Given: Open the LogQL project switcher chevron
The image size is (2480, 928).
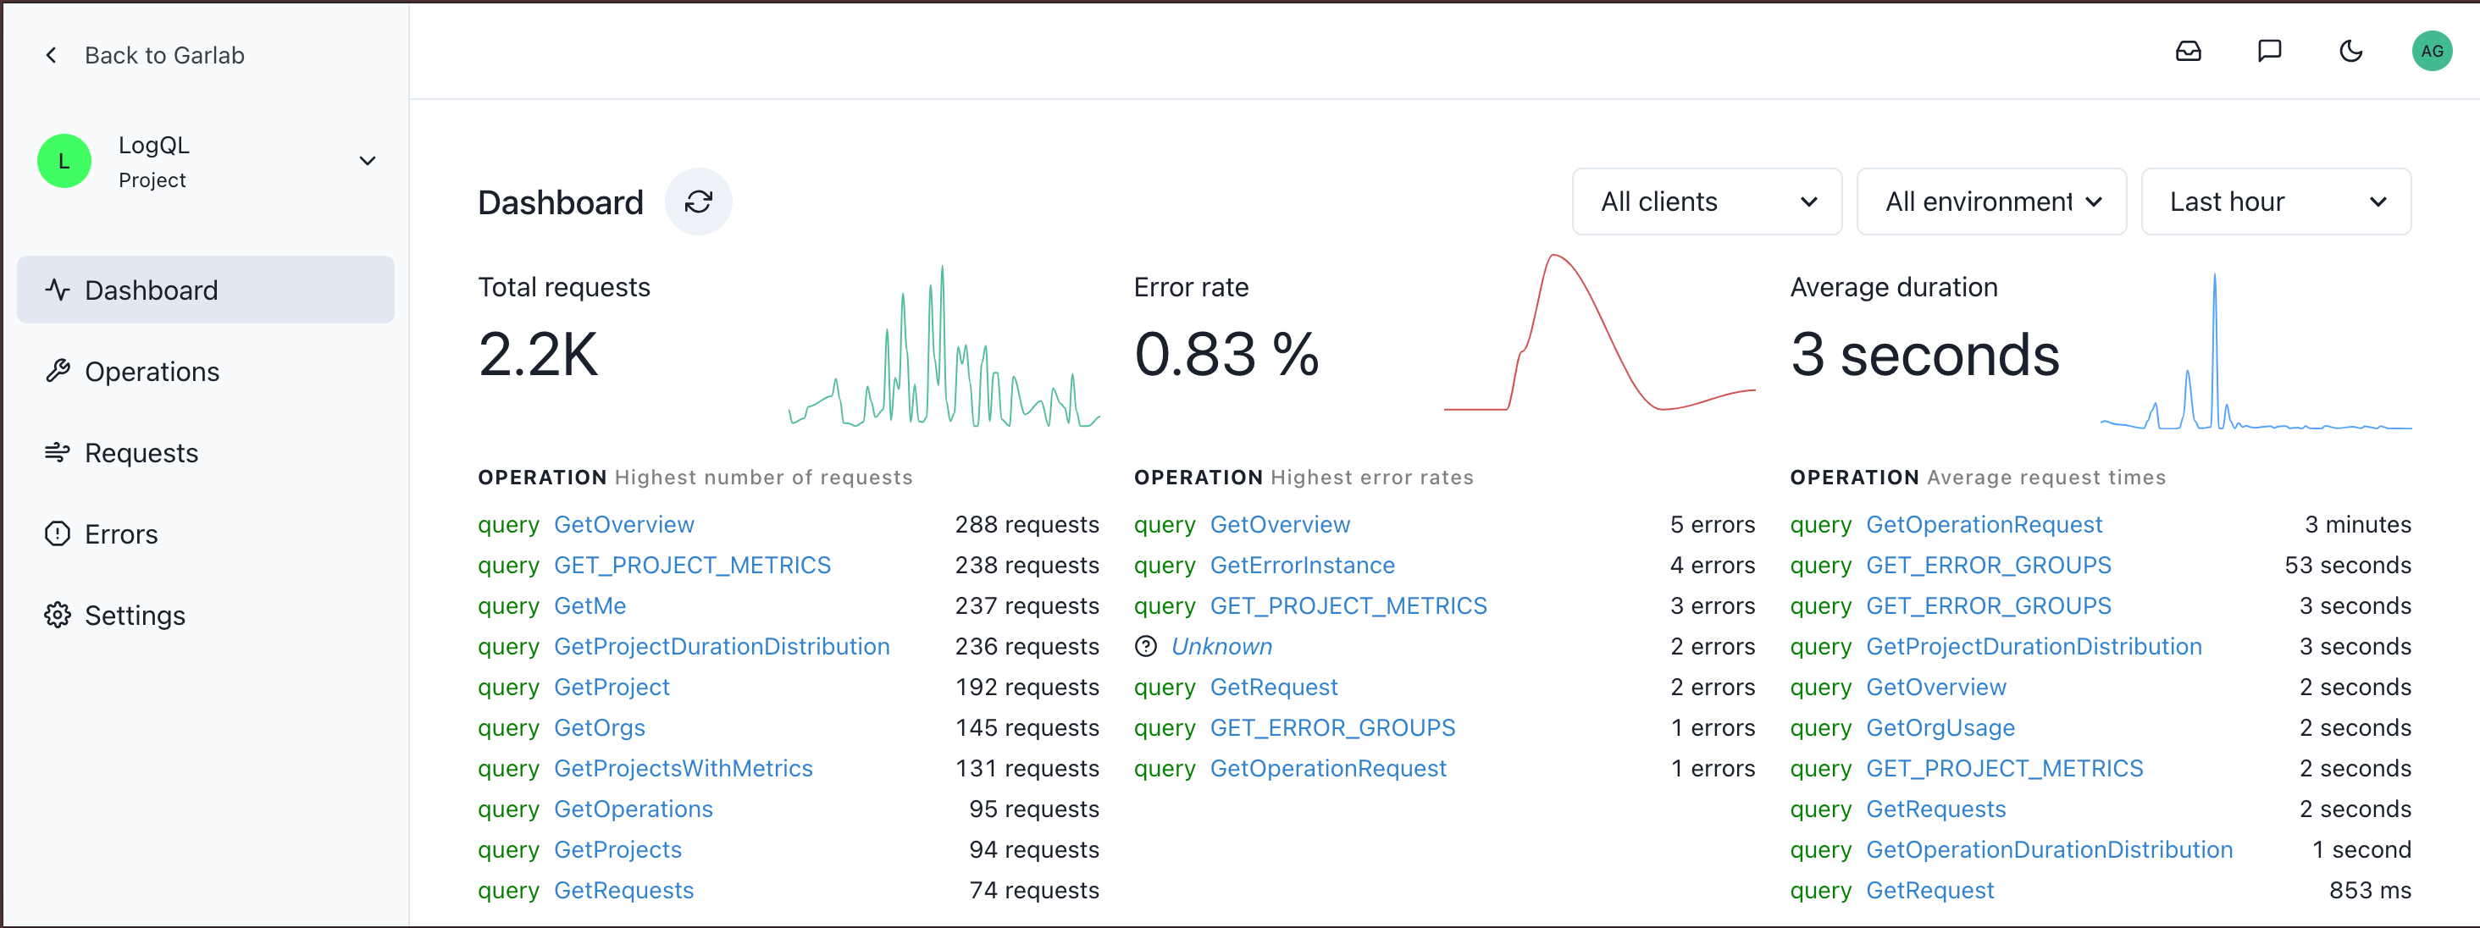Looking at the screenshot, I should point(367,161).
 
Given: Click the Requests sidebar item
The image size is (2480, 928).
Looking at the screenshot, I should point(141,452).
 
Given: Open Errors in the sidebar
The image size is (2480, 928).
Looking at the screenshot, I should point(120,534).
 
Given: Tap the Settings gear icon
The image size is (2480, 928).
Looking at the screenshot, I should point(58,615).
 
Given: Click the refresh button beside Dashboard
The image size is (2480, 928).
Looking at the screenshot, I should point(698,202).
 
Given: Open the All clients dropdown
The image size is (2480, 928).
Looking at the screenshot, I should point(1706,202).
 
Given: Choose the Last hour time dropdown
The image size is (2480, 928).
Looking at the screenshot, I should point(2275,202).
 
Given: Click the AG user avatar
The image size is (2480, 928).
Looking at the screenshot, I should point(2431,52).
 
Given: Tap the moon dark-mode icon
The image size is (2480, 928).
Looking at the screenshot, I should point(2350,52).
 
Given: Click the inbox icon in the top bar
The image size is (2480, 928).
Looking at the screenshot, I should point(2189,52).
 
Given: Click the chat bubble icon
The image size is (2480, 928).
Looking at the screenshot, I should point(2269,52).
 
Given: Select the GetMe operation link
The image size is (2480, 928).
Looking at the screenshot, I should point(590,606).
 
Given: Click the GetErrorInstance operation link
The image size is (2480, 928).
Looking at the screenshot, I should point(1302,565).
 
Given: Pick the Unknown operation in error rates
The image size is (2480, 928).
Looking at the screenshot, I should point(1221,647).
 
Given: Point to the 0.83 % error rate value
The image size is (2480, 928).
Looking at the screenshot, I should point(1226,354).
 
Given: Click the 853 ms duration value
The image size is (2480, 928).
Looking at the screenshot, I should point(2369,891).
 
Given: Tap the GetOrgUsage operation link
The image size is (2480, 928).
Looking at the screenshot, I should point(1940,728).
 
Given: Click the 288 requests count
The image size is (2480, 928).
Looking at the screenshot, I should point(1027,525).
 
